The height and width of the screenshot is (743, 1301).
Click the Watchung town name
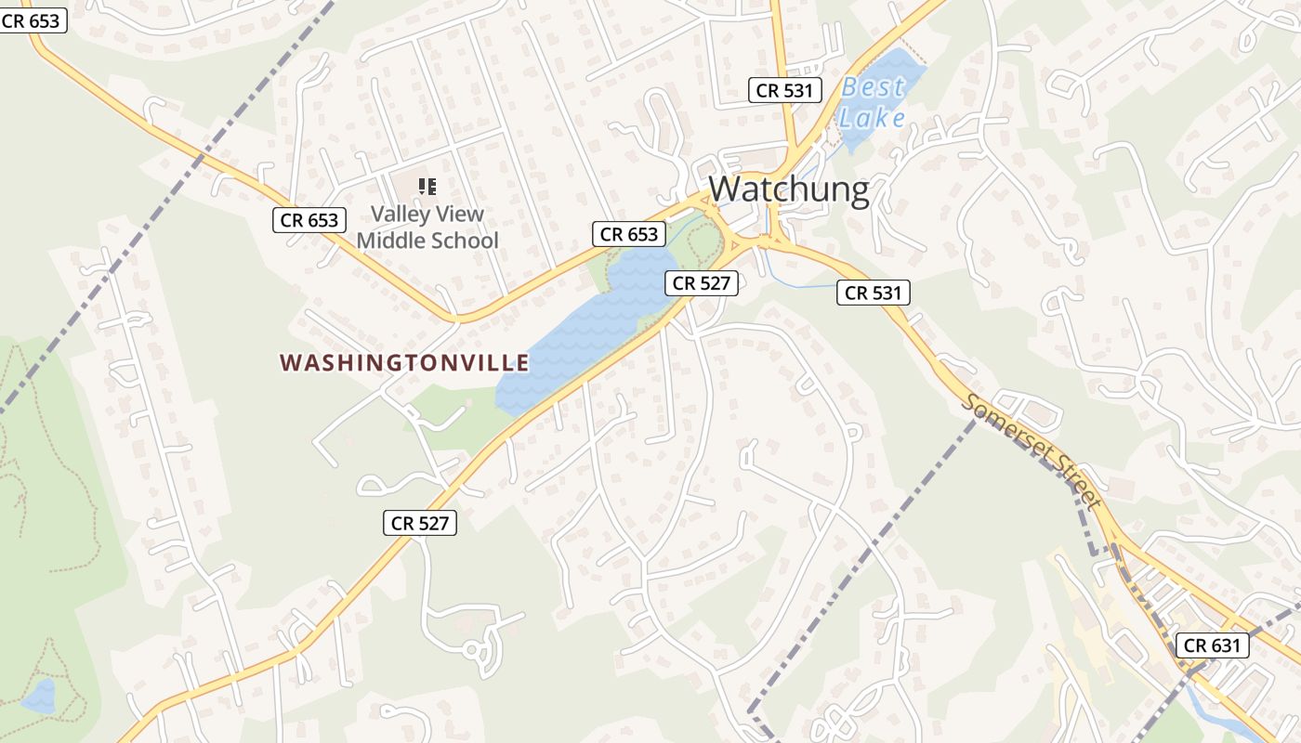pos(789,189)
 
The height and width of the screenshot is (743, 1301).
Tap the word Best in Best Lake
pos(873,88)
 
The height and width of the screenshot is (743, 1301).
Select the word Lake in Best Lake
pos(872,118)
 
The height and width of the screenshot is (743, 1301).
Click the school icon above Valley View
pos(427,187)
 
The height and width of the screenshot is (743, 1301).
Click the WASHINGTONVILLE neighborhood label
pos(404,362)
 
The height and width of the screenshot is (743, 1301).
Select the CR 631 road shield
pos(1212,645)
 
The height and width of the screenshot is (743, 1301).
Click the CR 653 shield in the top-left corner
pos(33,20)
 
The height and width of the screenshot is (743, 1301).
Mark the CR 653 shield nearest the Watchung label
pos(629,234)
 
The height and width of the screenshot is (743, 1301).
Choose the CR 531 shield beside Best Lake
pos(785,90)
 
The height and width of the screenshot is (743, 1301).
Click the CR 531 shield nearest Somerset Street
pos(873,293)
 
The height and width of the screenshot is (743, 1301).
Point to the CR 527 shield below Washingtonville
pos(420,523)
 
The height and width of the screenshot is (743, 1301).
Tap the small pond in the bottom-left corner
pos(39,697)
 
